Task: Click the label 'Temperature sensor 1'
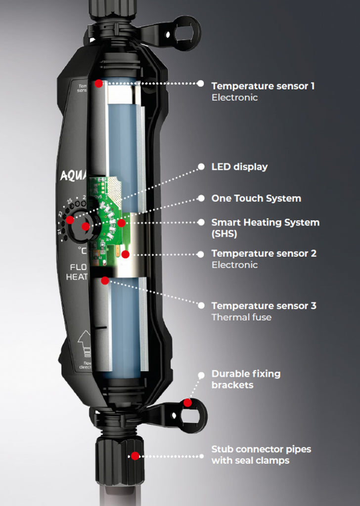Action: [x=263, y=86]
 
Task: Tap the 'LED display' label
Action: [x=239, y=167]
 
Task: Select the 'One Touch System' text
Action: [x=256, y=199]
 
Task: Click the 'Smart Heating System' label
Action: [x=265, y=223]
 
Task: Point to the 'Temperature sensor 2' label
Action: [x=264, y=253]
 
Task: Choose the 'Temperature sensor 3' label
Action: [x=264, y=306]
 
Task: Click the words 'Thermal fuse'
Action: [x=241, y=317]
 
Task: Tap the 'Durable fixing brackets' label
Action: [x=246, y=379]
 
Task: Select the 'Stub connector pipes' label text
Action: [x=261, y=450]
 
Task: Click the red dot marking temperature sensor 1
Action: [x=99, y=84]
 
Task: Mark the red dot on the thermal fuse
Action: [x=105, y=281]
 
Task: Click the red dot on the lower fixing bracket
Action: [x=187, y=403]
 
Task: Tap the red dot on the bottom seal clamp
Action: [x=135, y=456]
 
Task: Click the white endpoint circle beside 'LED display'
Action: [x=201, y=167]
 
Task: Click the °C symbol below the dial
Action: [x=82, y=251]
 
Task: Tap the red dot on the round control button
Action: [x=86, y=227]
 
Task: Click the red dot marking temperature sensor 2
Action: [x=125, y=254]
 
